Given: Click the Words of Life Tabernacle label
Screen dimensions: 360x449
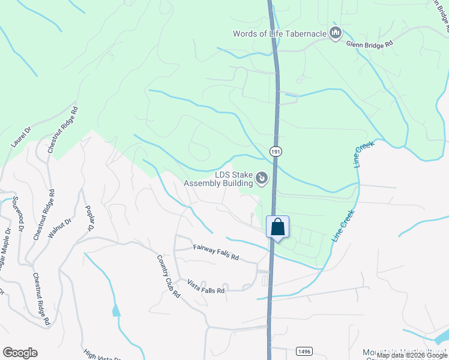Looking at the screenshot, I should [x=279, y=34].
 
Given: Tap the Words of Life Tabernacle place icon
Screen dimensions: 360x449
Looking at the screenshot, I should [x=336, y=33].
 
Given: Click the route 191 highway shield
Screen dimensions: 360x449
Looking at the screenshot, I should [x=275, y=152].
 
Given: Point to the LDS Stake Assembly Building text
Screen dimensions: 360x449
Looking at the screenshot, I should [x=218, y=179].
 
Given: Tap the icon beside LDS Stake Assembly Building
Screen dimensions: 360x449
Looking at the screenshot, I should [x=262, y=178].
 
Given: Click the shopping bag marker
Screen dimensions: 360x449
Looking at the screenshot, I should [x=277, y=228].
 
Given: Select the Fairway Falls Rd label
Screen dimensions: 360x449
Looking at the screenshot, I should [x=215, y=252].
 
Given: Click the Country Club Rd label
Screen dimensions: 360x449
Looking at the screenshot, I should [x=169, y=276].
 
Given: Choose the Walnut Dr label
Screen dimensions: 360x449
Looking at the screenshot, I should [x=59, y=229].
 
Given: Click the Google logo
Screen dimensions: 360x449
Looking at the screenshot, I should [x=20, y=353].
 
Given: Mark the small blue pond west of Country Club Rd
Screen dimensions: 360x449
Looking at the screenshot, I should [x=115, y=310].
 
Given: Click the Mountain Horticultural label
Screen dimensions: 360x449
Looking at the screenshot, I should [x=405, y=352].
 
